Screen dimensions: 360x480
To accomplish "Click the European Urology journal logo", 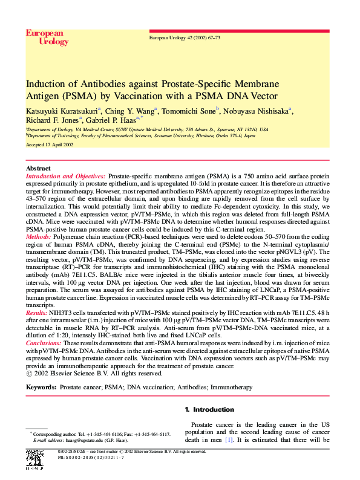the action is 47,37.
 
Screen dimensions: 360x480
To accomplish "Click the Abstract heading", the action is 39,168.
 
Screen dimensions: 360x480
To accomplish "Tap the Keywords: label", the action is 41,386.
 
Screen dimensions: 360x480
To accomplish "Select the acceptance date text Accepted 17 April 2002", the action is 50,145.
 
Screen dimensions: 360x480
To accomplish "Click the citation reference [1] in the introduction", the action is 229,440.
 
